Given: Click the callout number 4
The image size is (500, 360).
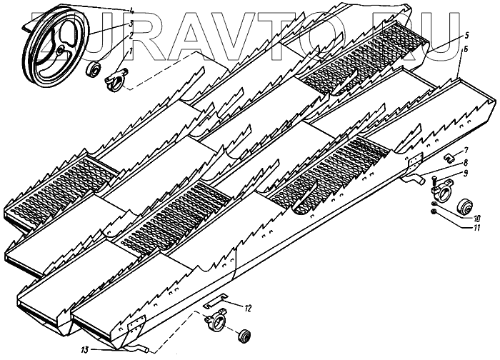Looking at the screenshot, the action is point(130,10).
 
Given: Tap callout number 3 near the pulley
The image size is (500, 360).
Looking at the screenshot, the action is point(130,24).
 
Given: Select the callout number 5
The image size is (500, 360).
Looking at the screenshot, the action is point(465,35).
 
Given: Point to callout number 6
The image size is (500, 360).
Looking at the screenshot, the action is point(466,49).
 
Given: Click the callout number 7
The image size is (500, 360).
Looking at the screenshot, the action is point(465,150).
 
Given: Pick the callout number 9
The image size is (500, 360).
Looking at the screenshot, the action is point(465,174).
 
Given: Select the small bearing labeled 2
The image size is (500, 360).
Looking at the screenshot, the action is point(94,70).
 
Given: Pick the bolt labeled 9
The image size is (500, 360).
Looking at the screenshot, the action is point(434,176).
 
